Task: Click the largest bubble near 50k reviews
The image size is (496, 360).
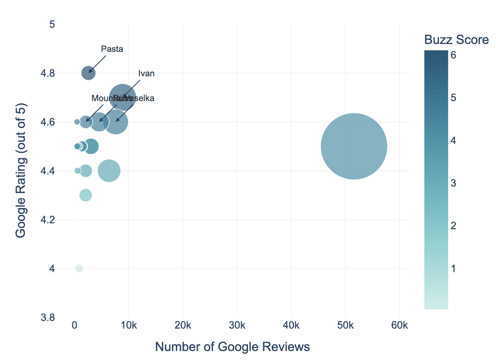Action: [x=354, y=146]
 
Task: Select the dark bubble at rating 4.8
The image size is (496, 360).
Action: [x=89, y=73]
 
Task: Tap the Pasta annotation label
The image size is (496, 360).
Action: [x=112, y=49]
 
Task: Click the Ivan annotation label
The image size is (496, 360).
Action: [x=146, y=73]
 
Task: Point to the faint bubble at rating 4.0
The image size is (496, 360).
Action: [x=79, y=268]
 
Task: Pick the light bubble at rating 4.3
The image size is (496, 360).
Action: [x=85, y=195]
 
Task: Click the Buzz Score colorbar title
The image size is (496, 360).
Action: [x=456, y=40]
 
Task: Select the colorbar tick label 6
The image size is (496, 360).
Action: [x=453, y=55]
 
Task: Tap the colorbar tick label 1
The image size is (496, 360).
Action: [x=453, y=269]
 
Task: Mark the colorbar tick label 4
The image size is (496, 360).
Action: [x=453, y=141]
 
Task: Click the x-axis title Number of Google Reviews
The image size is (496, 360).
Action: [x=232, y=347]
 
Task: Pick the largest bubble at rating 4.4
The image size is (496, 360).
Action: [x=109, y=171]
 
